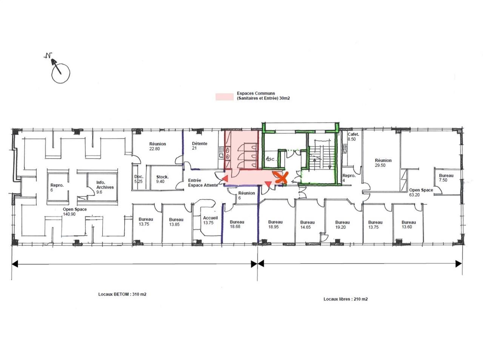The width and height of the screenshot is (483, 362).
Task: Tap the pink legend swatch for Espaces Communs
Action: pos(225,97)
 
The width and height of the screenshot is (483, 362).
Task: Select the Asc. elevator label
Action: pos(270,159)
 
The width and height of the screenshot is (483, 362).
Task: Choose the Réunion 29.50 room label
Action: pos(383,163)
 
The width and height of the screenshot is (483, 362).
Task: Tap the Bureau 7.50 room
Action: pos(446,178)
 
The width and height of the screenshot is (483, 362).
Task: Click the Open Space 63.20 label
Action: pos(421,192)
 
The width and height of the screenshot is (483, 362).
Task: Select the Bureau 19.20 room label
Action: pos(342,225)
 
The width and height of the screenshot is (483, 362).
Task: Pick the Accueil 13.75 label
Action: pos(210,220)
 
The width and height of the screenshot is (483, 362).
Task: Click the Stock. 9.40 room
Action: pos(162,179)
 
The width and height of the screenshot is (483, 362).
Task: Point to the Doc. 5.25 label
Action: pos(138,179)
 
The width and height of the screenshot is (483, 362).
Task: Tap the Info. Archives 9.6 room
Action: pos(105,187)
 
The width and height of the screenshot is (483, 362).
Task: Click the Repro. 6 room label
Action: pos(57,187)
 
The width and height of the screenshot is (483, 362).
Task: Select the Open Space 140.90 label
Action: pos(75,212)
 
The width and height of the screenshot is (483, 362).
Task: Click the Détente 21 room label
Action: pos(199,146)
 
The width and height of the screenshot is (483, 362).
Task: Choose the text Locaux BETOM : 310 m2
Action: pos(120,294)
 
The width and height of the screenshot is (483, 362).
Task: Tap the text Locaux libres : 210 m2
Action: pos(345,299)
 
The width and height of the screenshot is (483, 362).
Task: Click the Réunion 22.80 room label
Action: pos(157,146)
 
